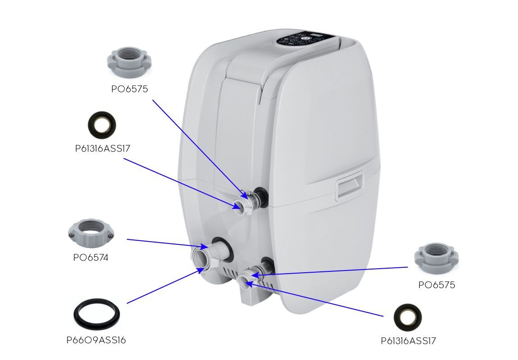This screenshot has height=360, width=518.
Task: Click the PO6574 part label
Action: [91, 258]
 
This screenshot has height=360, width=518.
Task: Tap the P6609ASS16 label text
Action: [96, 340]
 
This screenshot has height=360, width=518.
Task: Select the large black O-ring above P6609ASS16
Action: [97, 315]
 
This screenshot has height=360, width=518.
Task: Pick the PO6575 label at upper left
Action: [129, 89]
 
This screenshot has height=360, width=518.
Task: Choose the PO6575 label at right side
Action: [436, 285]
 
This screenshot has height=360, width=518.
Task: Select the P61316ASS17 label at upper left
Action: [103, 148]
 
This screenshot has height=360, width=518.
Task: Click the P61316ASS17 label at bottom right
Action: [408, 341]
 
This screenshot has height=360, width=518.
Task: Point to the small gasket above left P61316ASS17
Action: [101, 124]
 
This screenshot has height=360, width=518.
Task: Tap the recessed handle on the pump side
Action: [350, 187]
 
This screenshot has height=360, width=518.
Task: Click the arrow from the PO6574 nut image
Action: [167, 243]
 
